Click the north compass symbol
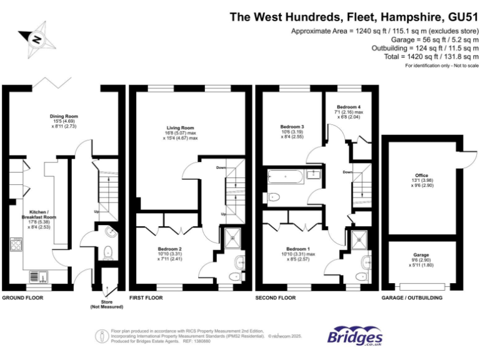[x=37, y=39]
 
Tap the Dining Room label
[x=64, y=116]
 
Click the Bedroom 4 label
[x=349, y=107]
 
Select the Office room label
[x=422, y=176]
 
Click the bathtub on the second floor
[x=288, y=177]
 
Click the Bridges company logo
[x=355, y=336]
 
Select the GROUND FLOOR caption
[x=22, y=298]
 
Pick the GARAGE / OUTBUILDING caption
[x=412, y=298]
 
